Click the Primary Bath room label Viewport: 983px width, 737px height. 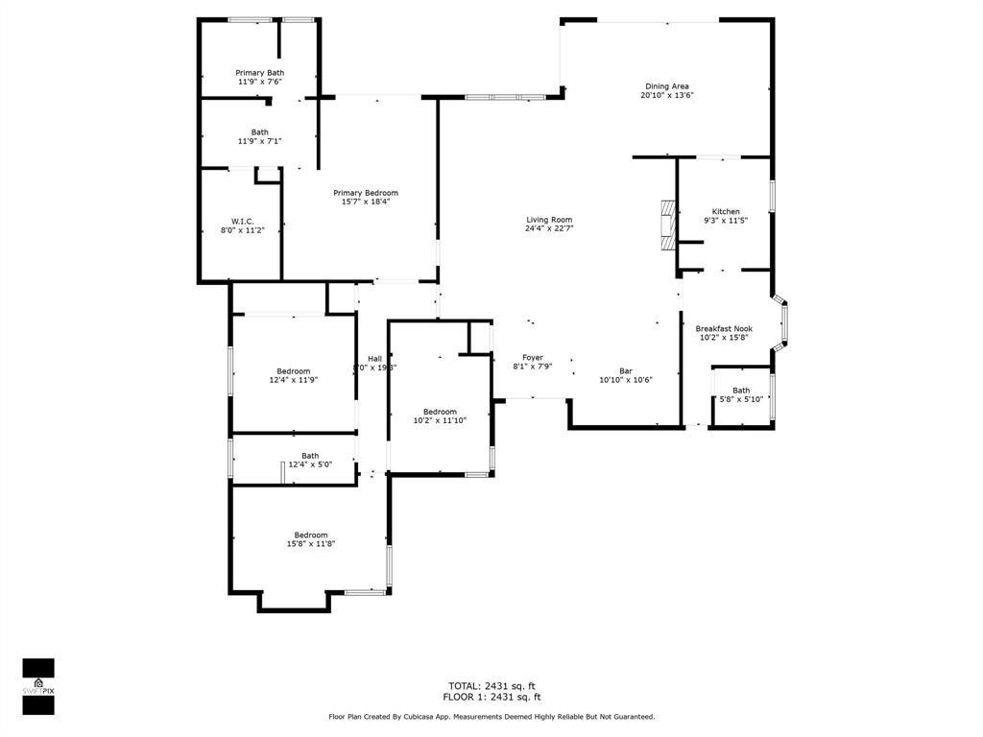259,73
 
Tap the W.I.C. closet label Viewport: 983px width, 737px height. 242,221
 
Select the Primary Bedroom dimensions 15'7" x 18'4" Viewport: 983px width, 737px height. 365,202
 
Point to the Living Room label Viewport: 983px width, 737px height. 549,220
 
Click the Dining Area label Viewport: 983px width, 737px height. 666,86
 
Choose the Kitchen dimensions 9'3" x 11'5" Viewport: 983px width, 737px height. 725,221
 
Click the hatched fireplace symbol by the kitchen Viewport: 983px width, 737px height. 667,225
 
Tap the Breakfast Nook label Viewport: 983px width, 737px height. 724,328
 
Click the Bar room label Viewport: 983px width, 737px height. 625,371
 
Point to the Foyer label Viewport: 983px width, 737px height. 532,358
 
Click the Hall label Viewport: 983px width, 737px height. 374,359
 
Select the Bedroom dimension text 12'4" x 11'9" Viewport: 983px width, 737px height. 293,381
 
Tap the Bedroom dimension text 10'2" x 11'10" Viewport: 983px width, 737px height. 440,420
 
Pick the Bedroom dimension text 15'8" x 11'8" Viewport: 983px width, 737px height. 310,544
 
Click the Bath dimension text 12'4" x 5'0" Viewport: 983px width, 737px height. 310,465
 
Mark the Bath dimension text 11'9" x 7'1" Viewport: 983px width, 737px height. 259,142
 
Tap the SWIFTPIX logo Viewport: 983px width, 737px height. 38,686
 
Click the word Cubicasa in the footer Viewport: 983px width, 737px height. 441,717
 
